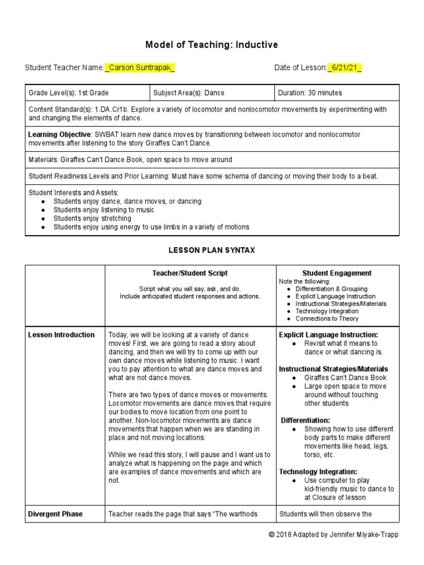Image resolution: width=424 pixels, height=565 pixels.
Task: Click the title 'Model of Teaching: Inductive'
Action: [211, 44]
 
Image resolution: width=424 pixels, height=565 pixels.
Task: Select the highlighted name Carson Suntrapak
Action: [139, 68]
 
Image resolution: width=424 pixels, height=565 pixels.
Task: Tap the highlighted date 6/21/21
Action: [344, 68]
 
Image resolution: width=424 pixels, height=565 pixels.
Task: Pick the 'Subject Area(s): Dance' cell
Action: [189, 93]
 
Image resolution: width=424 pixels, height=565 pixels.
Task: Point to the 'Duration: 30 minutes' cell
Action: [310, 93]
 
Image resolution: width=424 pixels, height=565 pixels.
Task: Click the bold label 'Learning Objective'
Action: [59, 135]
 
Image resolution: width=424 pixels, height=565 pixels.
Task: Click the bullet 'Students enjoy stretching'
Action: [92, 218]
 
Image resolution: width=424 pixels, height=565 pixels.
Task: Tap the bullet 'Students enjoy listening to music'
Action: [104, 210]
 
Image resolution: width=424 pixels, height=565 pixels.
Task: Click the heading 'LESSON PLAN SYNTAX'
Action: [211, 250]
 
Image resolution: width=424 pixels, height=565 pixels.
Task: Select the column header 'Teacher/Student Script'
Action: [190, 273]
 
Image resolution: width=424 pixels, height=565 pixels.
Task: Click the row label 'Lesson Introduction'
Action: [61, 335]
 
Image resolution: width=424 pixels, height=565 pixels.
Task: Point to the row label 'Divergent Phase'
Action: [55, 514]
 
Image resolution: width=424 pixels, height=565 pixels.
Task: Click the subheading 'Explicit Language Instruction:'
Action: [328, 335]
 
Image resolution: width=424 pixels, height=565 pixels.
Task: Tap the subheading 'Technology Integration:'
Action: [318, 472]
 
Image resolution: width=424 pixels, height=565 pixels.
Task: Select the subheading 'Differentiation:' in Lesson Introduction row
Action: [306, 420]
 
